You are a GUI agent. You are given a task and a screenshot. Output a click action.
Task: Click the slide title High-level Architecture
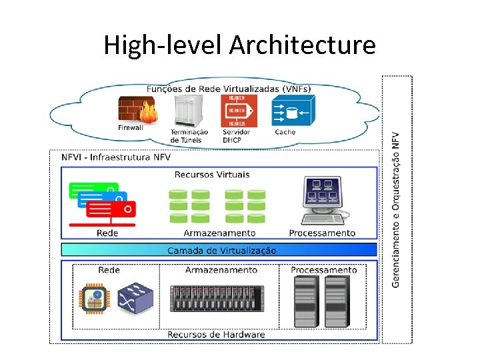pos(239,45)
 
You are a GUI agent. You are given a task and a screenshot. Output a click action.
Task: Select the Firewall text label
pos(131,127)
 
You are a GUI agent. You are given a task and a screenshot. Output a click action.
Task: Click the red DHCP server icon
pos(237,110)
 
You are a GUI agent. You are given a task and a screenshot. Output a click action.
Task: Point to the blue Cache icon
pos(291,111)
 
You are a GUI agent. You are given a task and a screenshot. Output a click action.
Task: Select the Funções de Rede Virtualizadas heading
pos(228,89)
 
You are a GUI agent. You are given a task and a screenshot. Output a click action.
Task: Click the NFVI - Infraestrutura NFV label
pos(116,158)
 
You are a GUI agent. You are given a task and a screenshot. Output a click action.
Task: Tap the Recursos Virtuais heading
pos(212,175)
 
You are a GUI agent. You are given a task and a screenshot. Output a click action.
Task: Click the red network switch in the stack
pos(111,209)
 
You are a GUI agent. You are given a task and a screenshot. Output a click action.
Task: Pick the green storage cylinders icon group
pos(217,206)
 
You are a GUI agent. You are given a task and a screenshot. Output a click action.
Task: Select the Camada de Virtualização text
pos(221,251)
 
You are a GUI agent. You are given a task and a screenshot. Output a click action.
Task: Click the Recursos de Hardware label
pos(216,335)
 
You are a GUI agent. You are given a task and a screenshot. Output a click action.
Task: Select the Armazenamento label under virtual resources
pos(219,233)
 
